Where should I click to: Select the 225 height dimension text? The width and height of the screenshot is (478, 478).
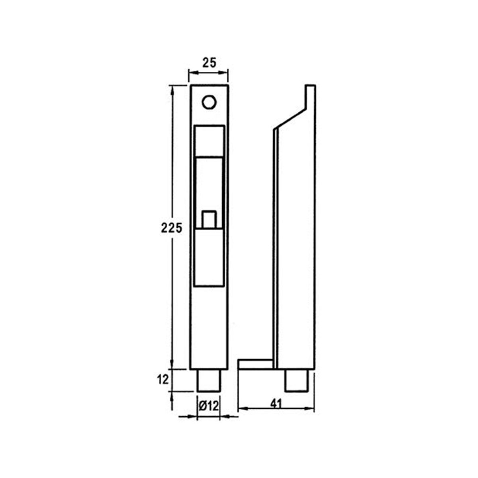click(x=171, y=228)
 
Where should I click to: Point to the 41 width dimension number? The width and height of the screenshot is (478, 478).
click(x=276, y=403)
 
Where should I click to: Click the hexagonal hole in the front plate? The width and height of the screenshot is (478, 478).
click(x=209, y=102)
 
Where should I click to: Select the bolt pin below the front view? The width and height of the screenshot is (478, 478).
click(x=209, y=380)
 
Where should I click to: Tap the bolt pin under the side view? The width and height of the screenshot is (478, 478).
click(x=296, y=380)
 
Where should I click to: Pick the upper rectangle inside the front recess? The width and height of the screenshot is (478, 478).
click(x=209, y=141)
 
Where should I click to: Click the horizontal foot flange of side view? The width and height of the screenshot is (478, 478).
click(x=255, y=363)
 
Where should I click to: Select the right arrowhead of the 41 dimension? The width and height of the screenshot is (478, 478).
click(x=311, y=409)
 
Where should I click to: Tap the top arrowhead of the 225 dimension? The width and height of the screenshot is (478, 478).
click(x=172, y=89)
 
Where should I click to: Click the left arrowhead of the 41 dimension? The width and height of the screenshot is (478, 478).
click(x=241, y=409)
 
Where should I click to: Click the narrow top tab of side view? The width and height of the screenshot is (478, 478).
click(x=310, y=96)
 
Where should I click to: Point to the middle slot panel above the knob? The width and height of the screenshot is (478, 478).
click(x=209, y=183)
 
